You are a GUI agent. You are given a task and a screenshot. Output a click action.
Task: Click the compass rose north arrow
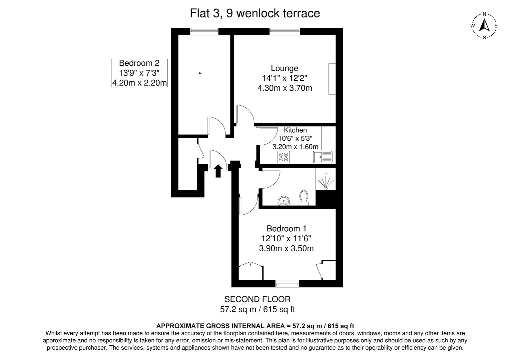coord(484,25)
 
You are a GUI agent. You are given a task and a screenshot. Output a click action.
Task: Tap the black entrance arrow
coord(218,171)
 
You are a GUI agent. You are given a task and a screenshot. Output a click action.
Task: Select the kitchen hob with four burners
coord(284,157)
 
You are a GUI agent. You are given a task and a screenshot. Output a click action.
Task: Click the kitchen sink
coord(323,157)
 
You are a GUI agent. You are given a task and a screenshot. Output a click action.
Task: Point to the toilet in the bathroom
coord(304,197)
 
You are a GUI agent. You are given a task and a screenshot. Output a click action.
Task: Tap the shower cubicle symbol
coord(326,182)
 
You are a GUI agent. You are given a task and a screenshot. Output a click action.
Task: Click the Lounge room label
coord(284,68)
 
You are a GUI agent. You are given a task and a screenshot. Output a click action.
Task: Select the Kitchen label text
coord(295,130)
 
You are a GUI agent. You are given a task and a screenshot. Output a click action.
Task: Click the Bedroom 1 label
coord(286,229)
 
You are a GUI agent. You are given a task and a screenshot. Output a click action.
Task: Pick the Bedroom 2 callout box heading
coord(139,63)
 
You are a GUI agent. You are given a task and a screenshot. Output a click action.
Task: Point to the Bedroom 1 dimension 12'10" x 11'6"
coord(286,239)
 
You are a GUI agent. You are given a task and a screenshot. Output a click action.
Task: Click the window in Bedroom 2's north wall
coord(204,31)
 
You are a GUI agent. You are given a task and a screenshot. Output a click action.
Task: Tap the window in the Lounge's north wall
coord(285,31)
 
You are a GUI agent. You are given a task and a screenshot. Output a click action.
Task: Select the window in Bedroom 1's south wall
coord(287,284)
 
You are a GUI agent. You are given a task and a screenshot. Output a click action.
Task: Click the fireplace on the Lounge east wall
coord(332,79)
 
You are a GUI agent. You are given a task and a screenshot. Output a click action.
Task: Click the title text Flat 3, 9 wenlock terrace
coord(255,13)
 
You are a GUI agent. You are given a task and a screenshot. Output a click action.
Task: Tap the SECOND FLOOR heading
coord(257,299)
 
